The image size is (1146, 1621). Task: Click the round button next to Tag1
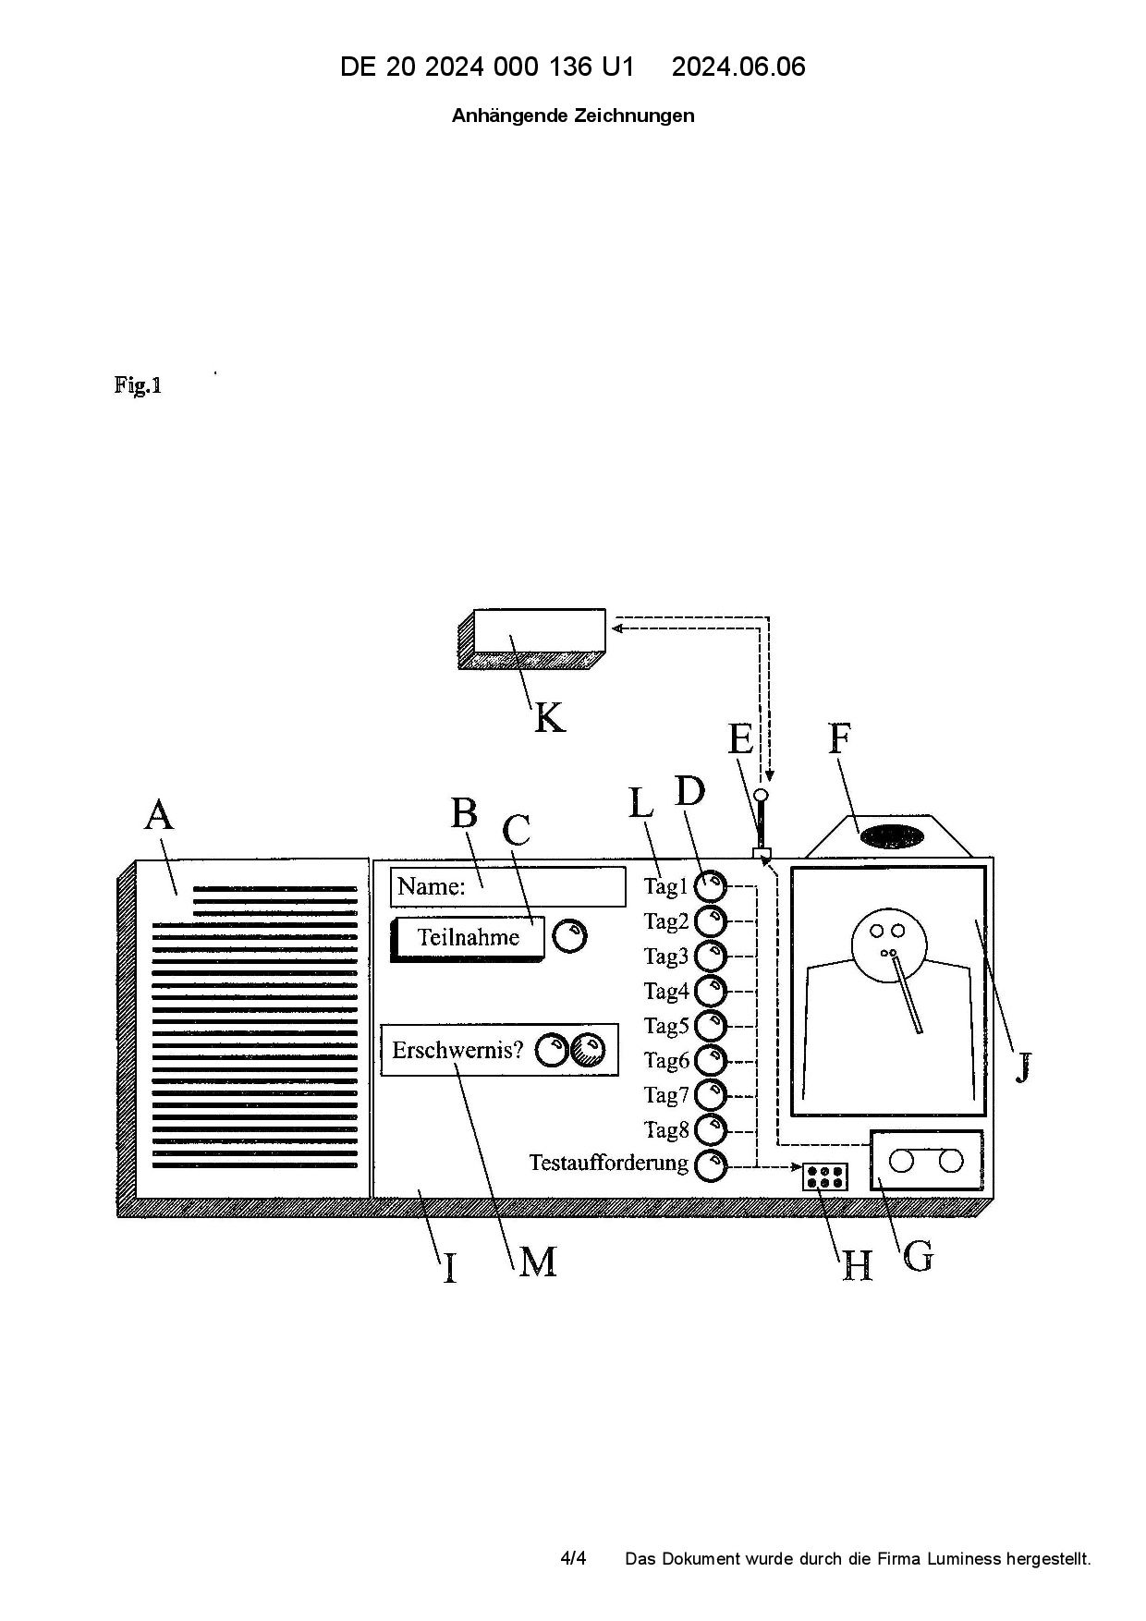[711, 885]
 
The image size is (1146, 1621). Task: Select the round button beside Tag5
[711, 1025]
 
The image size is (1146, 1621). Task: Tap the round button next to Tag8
[711, 1129]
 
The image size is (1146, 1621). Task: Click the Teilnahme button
[468, 937]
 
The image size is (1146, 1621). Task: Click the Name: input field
[507, 887]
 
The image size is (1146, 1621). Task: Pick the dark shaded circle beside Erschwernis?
[588, 1050]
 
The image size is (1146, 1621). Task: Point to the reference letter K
[549, 717]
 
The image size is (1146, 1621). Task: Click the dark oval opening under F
[892, 836]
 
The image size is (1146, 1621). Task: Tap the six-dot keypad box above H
[824, 1176]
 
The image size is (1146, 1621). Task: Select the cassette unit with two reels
[926, 1161]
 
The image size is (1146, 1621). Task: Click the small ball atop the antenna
[761, 795]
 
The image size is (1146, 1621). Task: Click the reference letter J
[1022, 1068]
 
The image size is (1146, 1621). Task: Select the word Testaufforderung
[608, 1163]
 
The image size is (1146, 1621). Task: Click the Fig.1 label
[139, 384]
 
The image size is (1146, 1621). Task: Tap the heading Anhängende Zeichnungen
[573, 116]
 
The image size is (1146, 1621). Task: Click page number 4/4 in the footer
[573, 1559]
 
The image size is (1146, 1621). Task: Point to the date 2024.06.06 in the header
[738, 67]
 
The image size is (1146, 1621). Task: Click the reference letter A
[159, 815]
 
